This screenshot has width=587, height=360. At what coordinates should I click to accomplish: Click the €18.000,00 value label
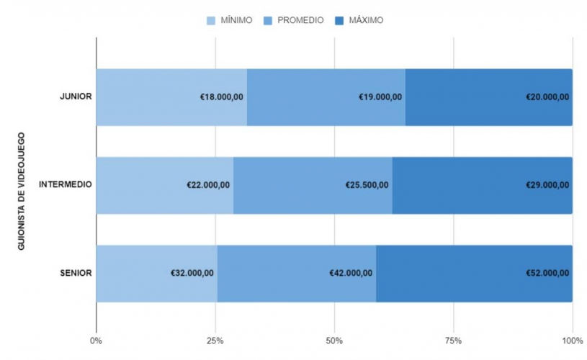point(221,97)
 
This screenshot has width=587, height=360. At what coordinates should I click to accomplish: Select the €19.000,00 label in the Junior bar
point(380,97)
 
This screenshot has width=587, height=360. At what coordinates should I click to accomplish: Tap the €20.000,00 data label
point(547,97)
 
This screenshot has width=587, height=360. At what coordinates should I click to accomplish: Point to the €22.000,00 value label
point(208,185)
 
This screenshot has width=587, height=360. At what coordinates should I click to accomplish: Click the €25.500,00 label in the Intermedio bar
point(367,185)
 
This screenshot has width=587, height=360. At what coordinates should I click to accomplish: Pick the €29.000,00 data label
point(547,185)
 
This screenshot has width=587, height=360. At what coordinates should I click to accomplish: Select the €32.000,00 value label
point(192,273)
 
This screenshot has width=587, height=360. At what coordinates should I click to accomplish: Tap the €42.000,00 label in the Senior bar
point(351,273)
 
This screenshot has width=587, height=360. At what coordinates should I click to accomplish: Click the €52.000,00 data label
point(547,273)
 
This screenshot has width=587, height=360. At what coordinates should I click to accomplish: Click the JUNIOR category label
point(75,97)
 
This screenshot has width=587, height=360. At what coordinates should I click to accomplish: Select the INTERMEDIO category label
point(65,185)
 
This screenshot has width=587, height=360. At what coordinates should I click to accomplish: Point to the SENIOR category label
point(76,273)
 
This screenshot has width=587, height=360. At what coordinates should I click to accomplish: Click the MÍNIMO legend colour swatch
point(212,20)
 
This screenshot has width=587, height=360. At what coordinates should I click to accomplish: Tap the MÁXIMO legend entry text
point(366,20)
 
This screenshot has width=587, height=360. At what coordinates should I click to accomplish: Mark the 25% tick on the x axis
point(215,340)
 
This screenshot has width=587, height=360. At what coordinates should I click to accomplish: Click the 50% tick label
point(334,340)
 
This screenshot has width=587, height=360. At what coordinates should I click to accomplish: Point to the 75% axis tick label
point(453,340)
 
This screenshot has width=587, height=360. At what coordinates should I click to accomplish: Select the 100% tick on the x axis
point(572,340)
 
